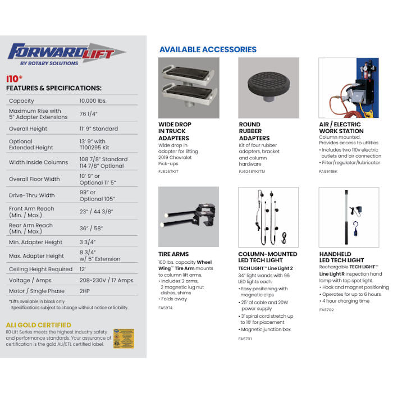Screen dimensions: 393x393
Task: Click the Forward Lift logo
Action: pyautogui.click(x=65, y=55)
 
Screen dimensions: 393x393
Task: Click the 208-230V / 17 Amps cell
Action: pyautogui.click(x=106, y=280)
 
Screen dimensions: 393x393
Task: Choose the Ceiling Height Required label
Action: pyautogui.click(x=41, y=269)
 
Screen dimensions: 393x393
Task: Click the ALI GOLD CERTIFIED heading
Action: pyautogui.click(x=39, y=325)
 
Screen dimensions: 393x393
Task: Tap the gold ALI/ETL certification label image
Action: pyautogui.click(x=124, y=339)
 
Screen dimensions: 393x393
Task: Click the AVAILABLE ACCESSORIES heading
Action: pyautogui.click(x=208, y=49)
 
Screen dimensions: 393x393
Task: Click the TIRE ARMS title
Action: pyautogui.click(x=173, y=254)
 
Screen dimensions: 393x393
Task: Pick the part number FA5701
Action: pyautogui.click(x=245, y=339)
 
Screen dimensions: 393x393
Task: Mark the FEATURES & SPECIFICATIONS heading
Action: pyautogui.click(x=54, y=88)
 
